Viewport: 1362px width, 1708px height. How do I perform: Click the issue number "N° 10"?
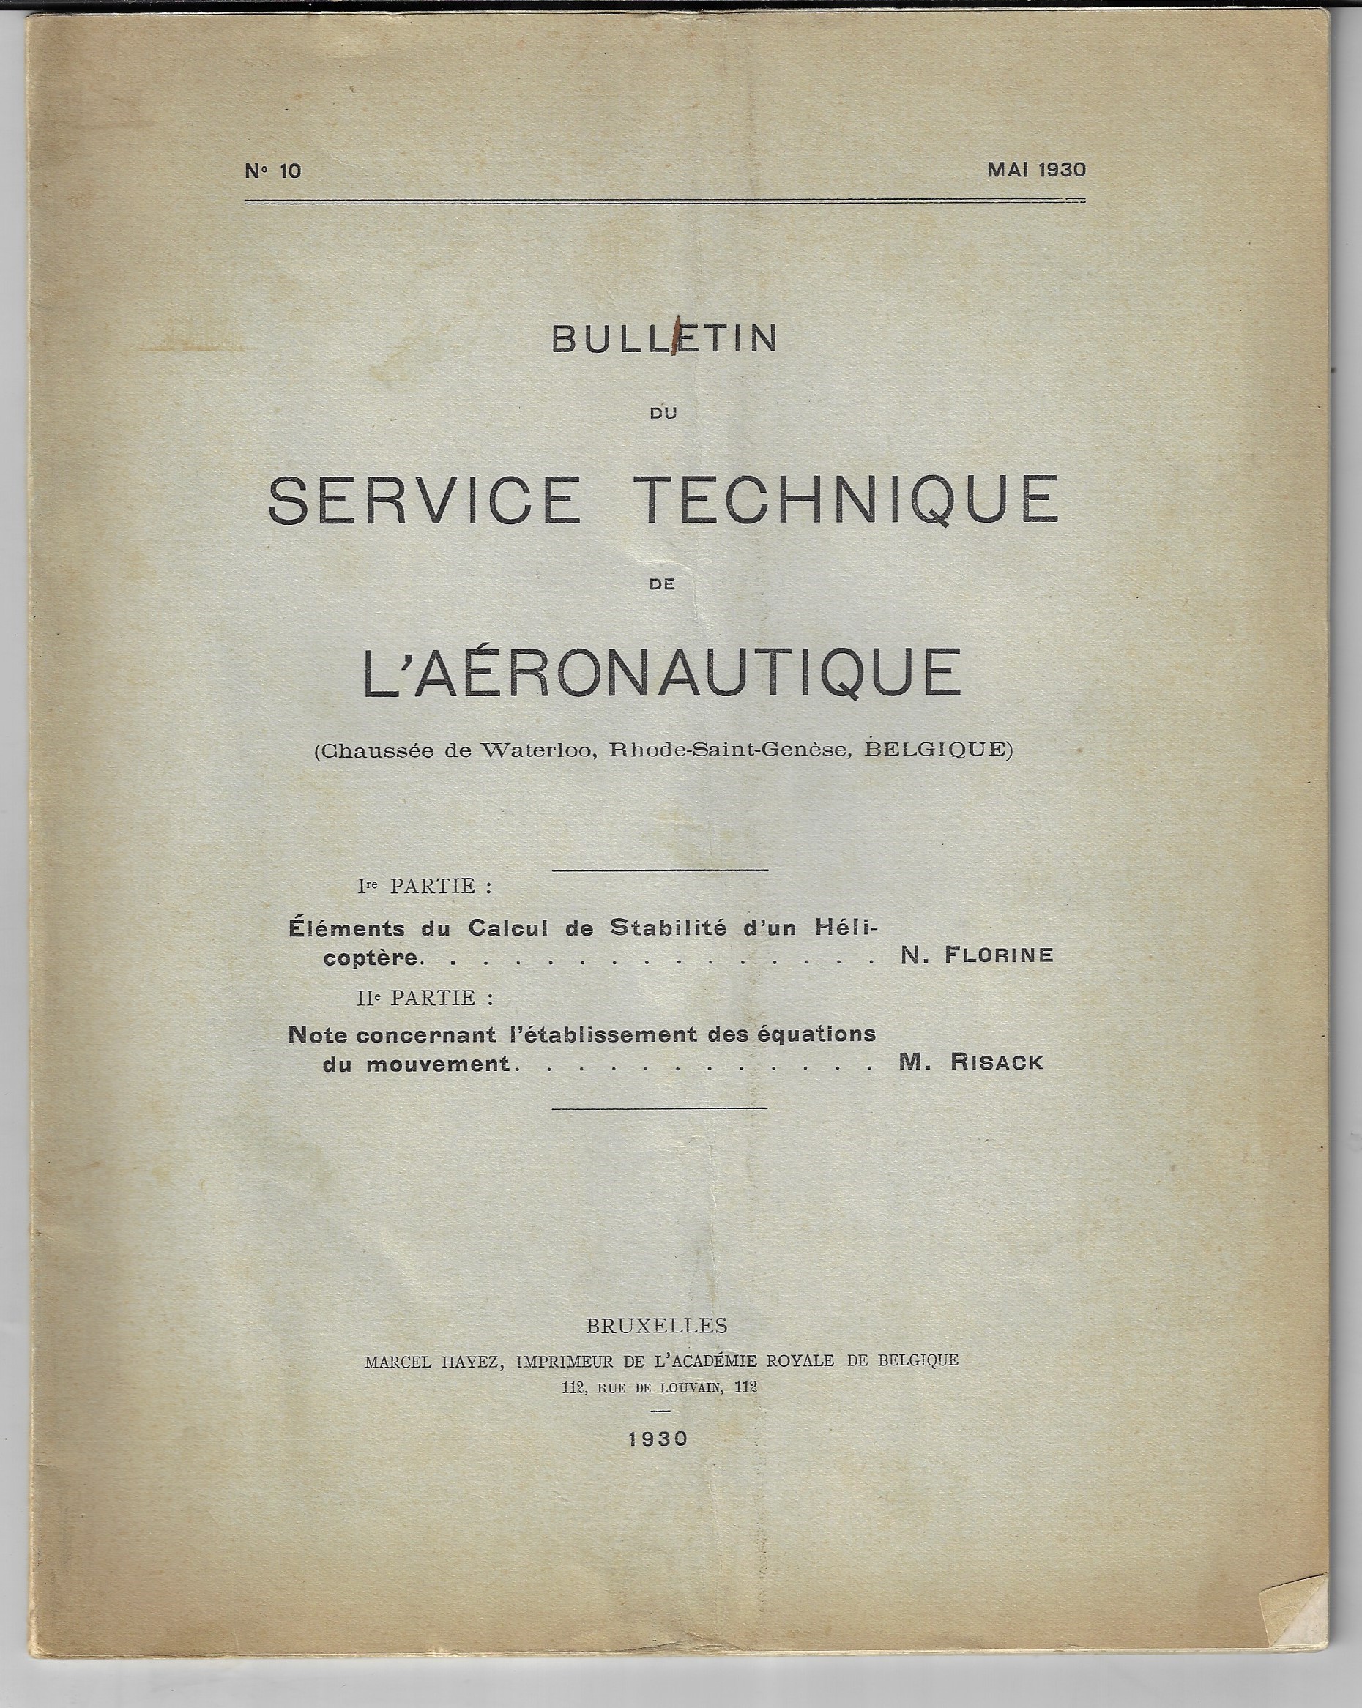[x=273, y=171]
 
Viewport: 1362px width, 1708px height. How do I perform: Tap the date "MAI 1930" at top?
[x=1035, y=170]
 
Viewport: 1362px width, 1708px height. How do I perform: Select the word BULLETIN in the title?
[x=664, y=340]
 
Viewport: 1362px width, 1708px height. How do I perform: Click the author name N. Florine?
[x=977, y=955]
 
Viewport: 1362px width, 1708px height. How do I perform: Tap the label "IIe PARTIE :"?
[x=425, y=997]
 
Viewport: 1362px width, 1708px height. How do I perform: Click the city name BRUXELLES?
[x=658, y=1325]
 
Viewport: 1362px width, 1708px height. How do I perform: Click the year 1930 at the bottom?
[x=658, y=1439]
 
